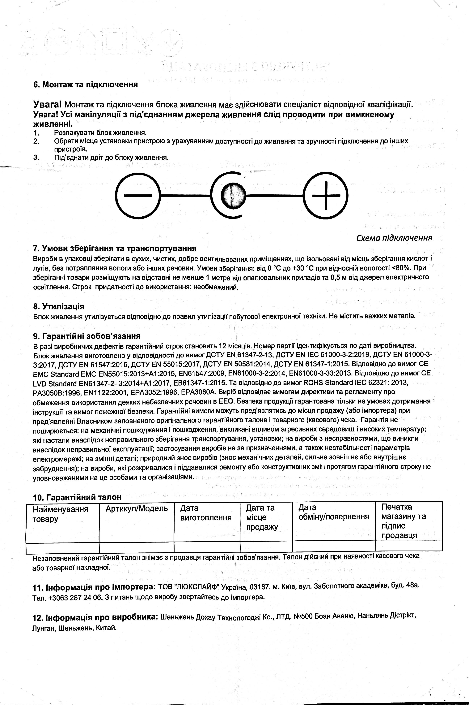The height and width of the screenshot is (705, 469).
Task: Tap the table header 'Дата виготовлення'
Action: (206, 513)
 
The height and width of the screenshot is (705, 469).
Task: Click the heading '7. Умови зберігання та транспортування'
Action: (115, 249)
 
